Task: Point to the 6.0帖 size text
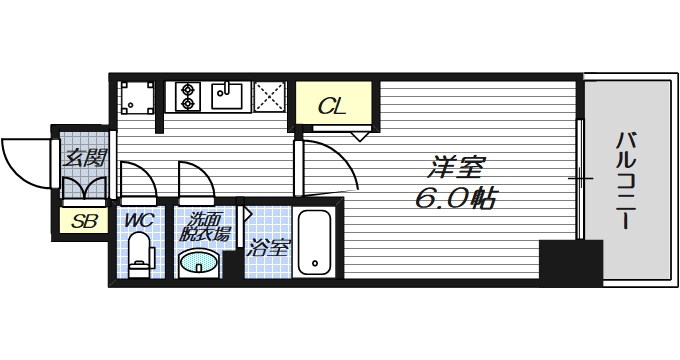(x=454, y=197)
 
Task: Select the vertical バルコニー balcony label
(x=625, y=181)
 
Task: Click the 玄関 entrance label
(x=85, y=157)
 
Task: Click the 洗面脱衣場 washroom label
(x=206, y=227)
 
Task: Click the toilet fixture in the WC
(x=141, y=253)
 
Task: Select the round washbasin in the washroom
(x=198, y=263)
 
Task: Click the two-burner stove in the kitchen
(x=186, y=97)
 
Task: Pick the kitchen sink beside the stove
(x=228, y=97)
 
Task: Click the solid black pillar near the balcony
(x=561, y=261)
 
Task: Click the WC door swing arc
(x=138, y=179)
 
